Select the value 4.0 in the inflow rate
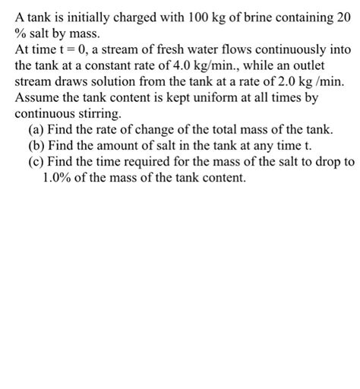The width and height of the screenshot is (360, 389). point(175,66)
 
